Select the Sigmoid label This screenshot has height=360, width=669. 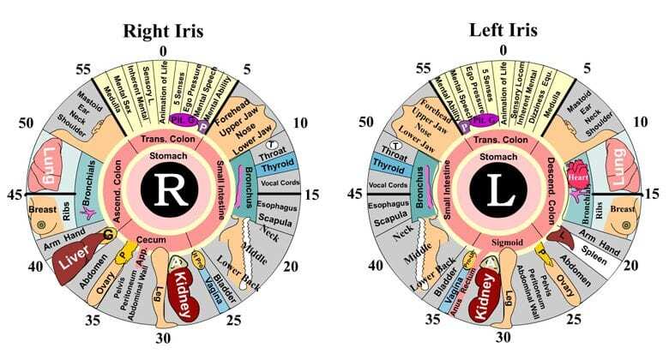pos(503,243)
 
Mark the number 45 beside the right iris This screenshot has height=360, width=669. pos(14,194)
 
